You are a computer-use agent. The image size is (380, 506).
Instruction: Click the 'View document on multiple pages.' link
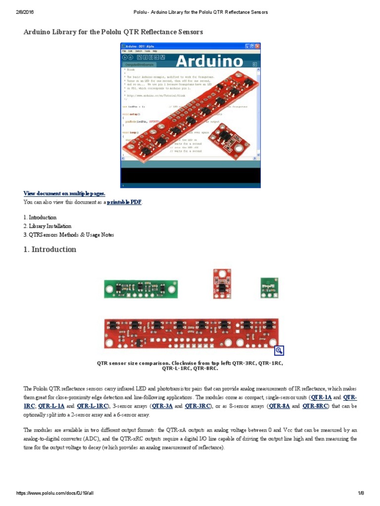click(x=64, y=193)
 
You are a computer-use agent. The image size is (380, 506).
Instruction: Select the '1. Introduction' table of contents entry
click(x=40, y=217)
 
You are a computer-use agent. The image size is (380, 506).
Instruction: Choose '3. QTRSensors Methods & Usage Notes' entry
click(x=69, y=235)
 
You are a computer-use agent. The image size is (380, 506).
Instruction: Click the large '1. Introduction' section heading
click(x=50, y=250)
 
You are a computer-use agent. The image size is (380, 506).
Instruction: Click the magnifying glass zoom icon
click(x=279, y=350)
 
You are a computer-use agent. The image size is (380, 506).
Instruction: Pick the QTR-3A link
click(x=162, y=406)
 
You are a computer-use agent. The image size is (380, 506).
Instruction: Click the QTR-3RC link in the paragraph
click(x=196, y=406)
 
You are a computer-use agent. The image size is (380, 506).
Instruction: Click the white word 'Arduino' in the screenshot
click(x=209, y=61)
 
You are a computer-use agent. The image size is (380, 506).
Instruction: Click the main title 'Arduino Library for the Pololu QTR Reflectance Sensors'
click(x=113, y=32)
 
